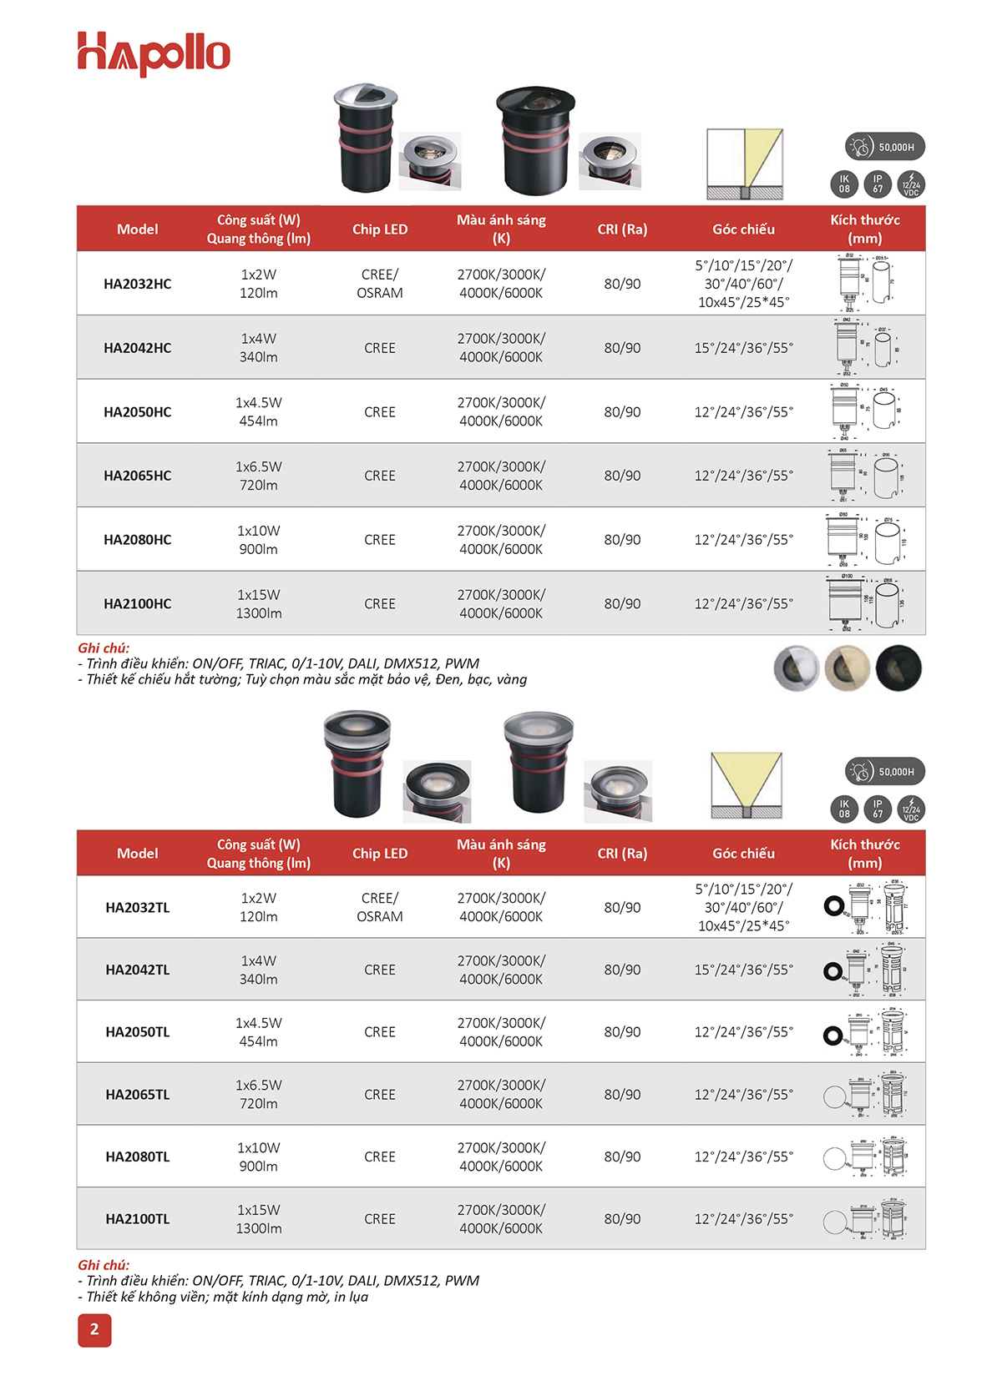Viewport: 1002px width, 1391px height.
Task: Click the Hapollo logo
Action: (154, 53)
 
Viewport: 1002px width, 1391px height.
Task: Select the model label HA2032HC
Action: (138, 284)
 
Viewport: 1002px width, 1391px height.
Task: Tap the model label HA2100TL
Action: (138, 1219)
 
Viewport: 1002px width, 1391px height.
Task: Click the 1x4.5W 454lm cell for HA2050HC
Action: (259, 411)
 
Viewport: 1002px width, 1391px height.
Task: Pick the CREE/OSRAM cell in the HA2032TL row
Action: (380, 907)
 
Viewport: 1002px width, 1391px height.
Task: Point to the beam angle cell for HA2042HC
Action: (743, 348)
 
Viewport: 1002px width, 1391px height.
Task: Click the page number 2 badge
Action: (94, 1329)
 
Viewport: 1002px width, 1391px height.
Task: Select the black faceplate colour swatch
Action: (898, 668)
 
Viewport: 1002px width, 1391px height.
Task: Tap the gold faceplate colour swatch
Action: (848, 668)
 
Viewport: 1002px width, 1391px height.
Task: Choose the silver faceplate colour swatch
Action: (797, 668)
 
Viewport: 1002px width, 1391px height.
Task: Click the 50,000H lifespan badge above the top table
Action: (885, 147)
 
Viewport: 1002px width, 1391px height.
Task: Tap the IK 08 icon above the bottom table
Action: (844, 809)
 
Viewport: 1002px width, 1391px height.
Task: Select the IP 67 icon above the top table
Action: (878, 184)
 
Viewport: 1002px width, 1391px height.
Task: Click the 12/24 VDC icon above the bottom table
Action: (911, 809)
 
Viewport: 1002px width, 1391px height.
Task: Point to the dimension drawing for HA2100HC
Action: (867, 602)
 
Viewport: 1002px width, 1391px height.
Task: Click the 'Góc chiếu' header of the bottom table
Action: (743, 854)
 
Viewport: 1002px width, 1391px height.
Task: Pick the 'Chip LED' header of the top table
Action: (380, 229)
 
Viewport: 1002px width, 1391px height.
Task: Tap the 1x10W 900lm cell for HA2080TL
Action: (259, 1157)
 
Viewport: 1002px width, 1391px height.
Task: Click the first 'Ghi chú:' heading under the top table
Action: (104, 648)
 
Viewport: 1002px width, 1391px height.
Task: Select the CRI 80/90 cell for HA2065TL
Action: (622, 1094)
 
